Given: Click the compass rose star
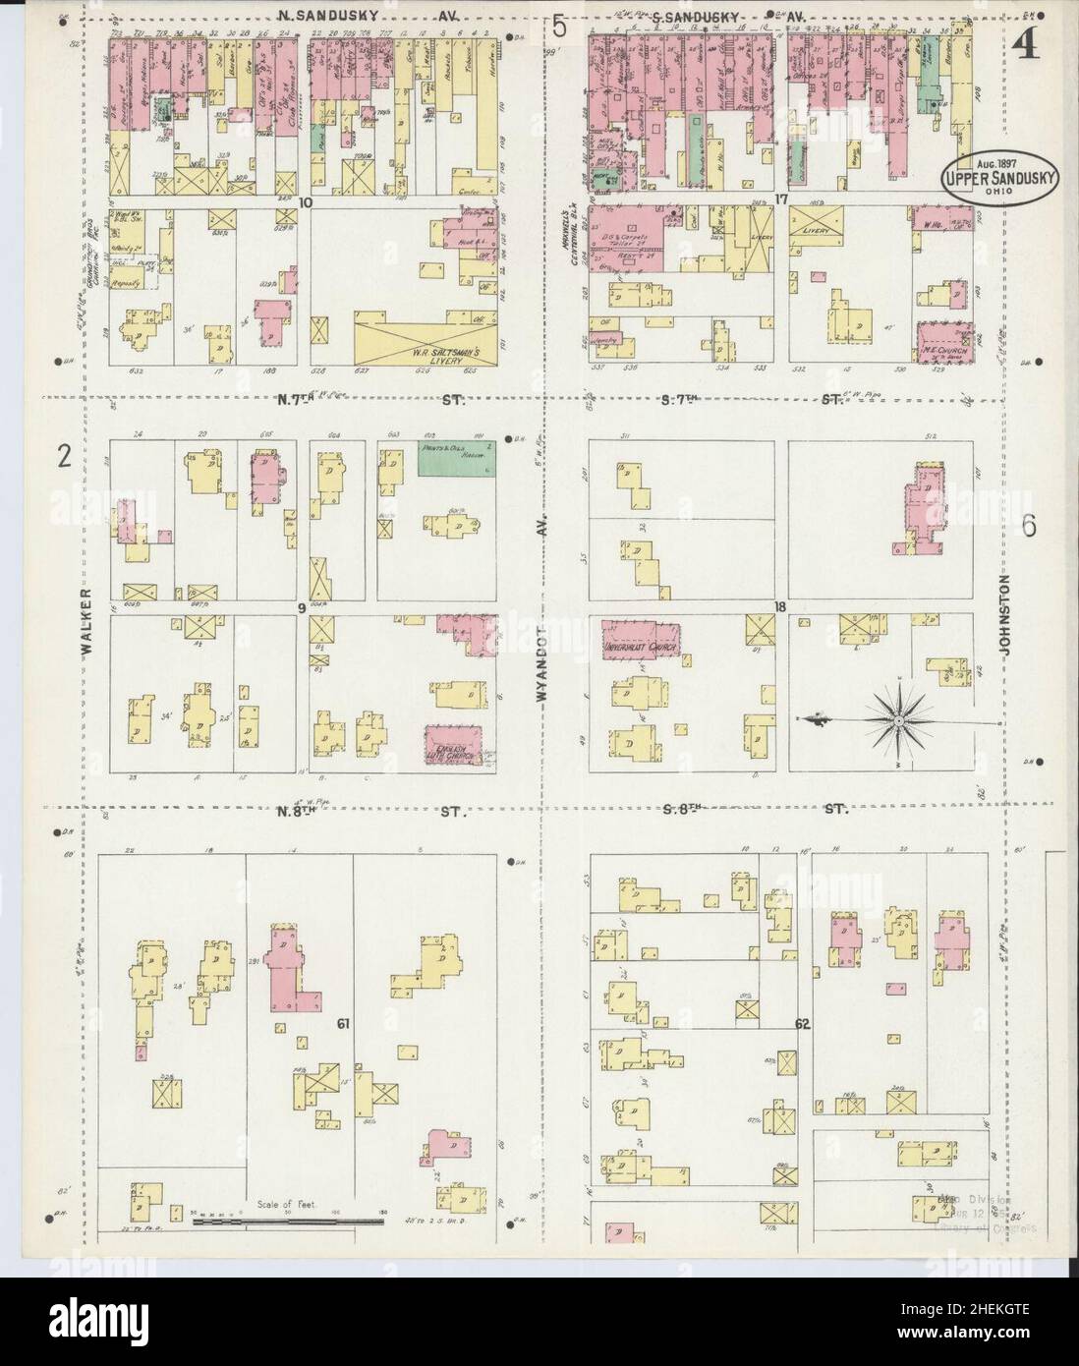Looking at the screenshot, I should pos(898,719).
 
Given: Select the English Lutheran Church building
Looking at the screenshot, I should pos(456,745).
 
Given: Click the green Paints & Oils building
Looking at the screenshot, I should pos(457,457).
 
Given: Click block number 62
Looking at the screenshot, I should pos(802,1024).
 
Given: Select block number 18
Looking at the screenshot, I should pos(779,607).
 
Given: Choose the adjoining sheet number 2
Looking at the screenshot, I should pos(64,456).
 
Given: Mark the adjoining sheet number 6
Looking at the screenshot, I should pos(1028,526).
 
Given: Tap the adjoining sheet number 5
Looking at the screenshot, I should pos(559,27).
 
